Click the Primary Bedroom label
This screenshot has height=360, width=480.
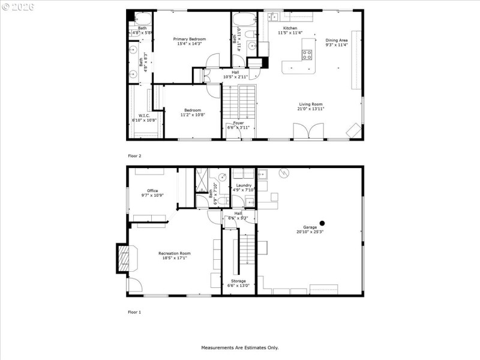[x=189, y=38]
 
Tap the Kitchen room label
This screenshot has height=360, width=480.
[x=290, y=28]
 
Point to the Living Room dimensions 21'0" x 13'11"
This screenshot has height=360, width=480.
[x=311, y=109]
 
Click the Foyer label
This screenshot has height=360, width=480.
[x=238, y=123]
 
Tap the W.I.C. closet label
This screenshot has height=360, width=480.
[x=144, y=115]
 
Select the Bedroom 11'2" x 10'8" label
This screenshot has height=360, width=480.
[x=192, y=110]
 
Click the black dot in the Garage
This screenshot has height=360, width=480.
[x=322, y=223]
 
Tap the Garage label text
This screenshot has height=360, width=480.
[x=310, y=227]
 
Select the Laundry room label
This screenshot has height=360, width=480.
[x=244, y=185]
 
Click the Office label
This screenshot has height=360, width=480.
[x=152, y=191]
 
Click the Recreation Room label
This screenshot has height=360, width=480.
[x=175, y=253]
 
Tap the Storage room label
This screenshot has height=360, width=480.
[x=238, y=281]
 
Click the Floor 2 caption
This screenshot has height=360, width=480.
[x=134, y=156]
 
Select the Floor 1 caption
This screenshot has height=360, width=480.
[x=134, y=312]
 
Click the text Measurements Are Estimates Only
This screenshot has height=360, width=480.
[x=239, y=347]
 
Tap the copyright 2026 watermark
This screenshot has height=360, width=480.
[x=18, y=7]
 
